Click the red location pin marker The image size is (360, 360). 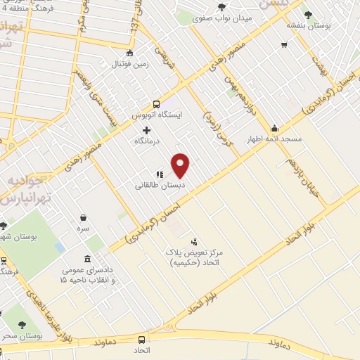point(181,165)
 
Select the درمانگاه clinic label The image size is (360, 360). point(147,141)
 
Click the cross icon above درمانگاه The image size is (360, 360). point(146,130)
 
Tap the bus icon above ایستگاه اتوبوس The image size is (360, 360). point(157,103)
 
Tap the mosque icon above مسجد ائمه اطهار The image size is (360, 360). point(274,128)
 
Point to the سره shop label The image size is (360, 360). point(84,229)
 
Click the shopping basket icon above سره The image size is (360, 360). point(84,218)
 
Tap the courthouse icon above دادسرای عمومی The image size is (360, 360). point(86,258)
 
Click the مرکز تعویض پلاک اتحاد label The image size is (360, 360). point(195,257)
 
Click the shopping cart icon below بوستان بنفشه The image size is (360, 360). point(284,46)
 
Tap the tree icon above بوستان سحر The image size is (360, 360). point(22,325)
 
